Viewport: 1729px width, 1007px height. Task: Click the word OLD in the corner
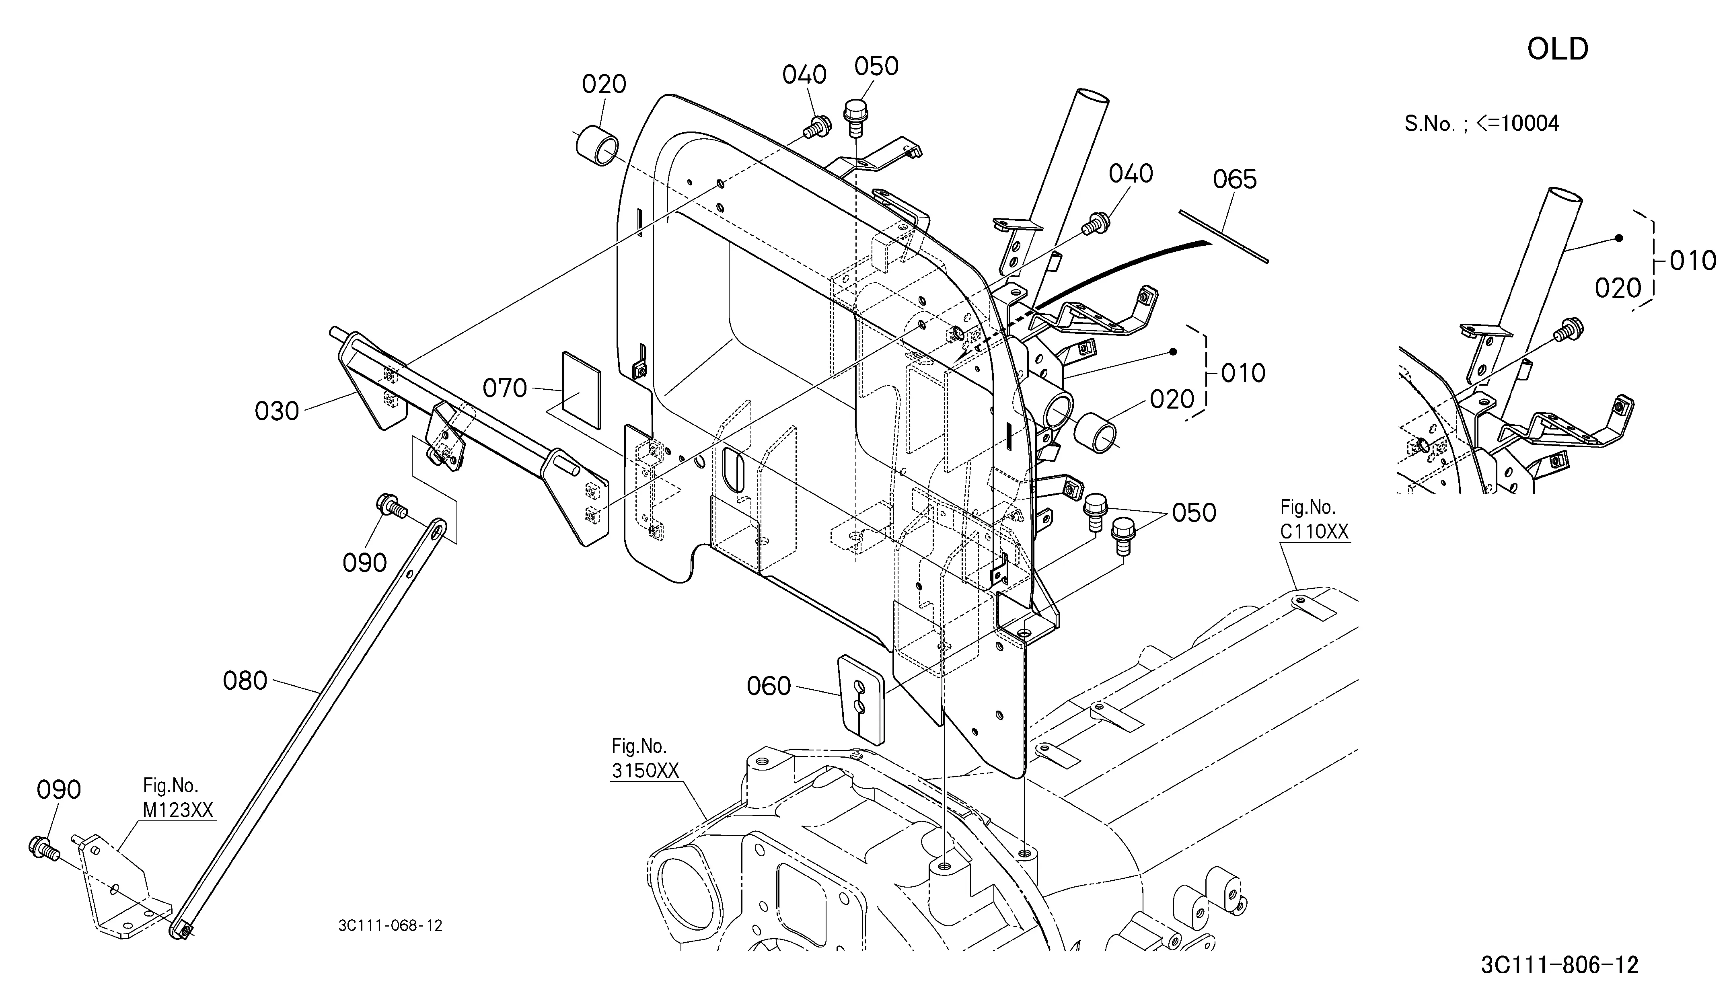coord(1558,49)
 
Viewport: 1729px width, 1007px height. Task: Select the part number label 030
coord(277,411)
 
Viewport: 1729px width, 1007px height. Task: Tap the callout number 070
coord(505,388)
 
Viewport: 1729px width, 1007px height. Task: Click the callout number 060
coord(769,686)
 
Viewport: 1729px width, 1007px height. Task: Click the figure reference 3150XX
coord(645,771)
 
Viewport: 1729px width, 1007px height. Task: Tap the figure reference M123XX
coord(179,810)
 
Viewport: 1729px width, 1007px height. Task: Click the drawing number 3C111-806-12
coord(1560,965)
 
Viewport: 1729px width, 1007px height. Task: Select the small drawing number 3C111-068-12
coord(391,925)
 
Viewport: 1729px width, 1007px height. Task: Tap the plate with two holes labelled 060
coord(862,700)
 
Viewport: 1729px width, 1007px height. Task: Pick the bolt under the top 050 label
coord(855,119)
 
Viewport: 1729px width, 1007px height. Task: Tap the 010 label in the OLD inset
coord(1693,261)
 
